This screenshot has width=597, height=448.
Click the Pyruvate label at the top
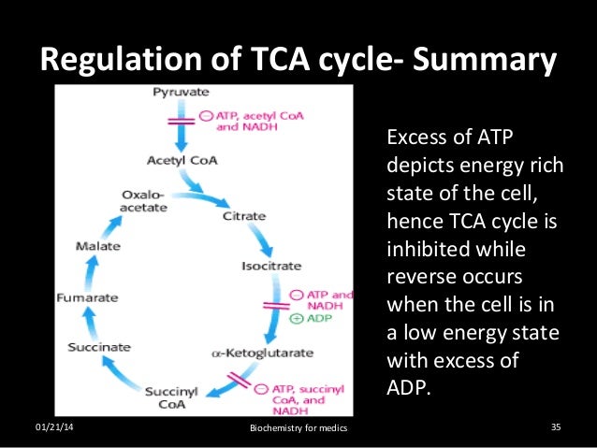point(182,95)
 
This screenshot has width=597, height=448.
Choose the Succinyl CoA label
point(170,397)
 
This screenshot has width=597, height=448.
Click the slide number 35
point(556,428)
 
